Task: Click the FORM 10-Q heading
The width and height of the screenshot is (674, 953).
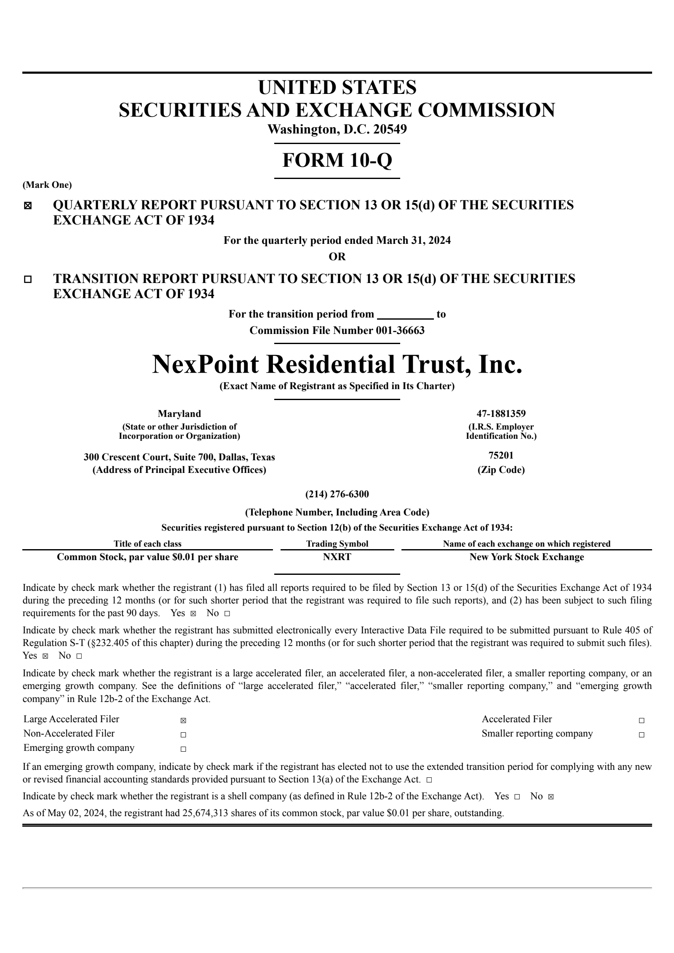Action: pyautogui.click(x=337, y=160)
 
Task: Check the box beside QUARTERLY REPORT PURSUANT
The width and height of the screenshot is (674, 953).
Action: pyautogui.click(x=28, y=206)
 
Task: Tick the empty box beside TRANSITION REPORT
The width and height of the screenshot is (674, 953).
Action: pyautogui.click(x=28, y=279)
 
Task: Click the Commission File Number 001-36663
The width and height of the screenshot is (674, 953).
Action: pyautogui.click(x=337, y=331)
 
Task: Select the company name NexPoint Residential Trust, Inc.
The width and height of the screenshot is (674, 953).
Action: pyautogui.click(x=337, y=364)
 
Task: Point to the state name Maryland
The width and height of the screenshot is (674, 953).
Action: pyautogui.click(x=179, y=414)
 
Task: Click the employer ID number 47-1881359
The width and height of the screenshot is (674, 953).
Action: pyautogui.click(x=501, y=414)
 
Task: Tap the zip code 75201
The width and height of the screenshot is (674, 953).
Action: pyautogui.click(x=501, y=455)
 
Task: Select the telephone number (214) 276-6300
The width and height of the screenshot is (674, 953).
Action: pyautogui.click(x=337, y=494)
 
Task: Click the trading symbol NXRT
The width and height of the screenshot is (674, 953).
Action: pyautogui.click(x=337, y=557)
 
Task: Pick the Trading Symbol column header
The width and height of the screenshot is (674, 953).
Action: pyautogui.click(x=337, y=544)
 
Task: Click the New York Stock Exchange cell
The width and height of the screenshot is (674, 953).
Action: pyautogui.click(x=527, y=557)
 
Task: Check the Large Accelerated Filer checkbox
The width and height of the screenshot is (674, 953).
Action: pyautogui.click(x=183, y=721)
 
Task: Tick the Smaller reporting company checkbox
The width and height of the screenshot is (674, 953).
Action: pyautogui.click(x=641, y=735)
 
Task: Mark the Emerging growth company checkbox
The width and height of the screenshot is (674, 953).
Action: pyautogui.click(x=183, y=749)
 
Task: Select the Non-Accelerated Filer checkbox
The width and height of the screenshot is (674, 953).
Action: pyautogui.click(x=183, y=735)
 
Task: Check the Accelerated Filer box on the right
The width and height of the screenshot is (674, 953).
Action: pyautogui.click(x=641, y=721)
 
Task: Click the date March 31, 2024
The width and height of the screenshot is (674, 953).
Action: pyautogui.click(x=413, y=240)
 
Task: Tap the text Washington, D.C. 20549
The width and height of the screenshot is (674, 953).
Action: pyautogui.click(x=337, y=129)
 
